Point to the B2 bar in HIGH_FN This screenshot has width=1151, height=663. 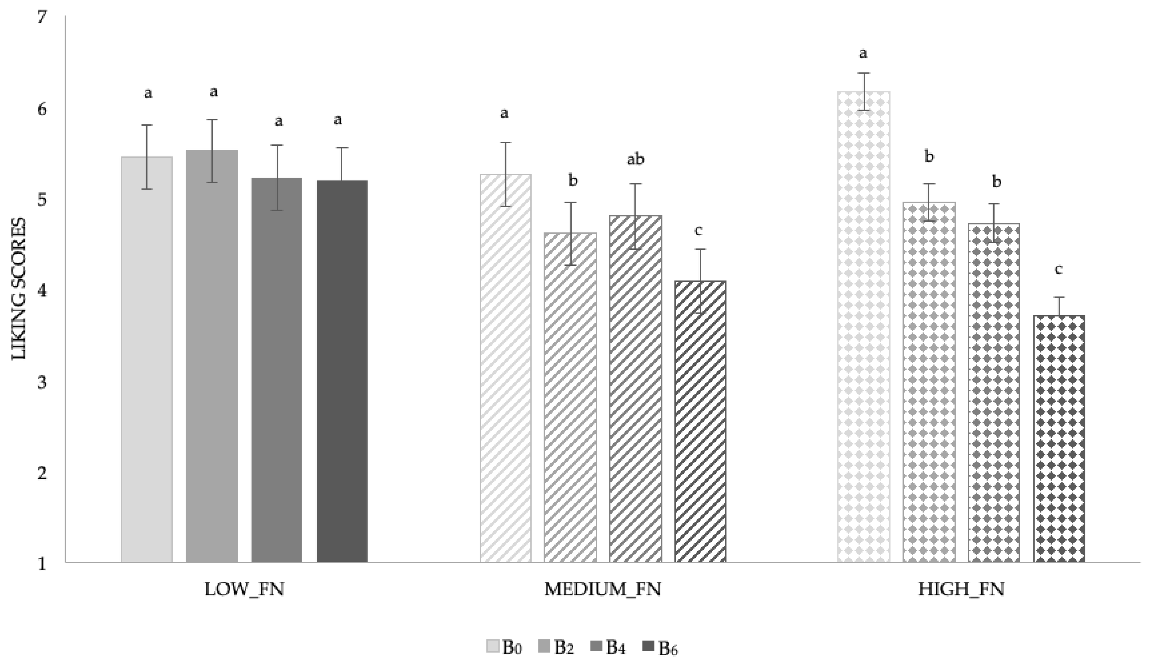(929, 382)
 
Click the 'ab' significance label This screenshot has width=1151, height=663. (636, 159)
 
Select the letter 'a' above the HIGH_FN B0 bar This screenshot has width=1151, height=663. (863, 54)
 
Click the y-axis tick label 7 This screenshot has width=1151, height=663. (42, 17)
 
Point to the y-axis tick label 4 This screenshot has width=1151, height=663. (42, 290)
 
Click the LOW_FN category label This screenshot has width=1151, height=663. (244, 590)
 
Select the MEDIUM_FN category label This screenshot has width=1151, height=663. (603, 590)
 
